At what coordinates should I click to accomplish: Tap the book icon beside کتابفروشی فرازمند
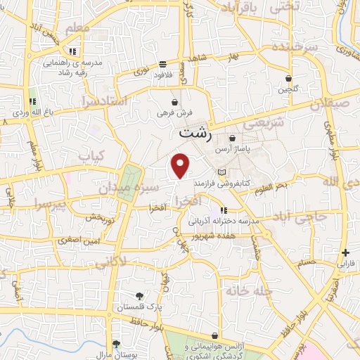click(222, 172)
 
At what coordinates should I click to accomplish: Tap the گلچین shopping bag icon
click(288, 78)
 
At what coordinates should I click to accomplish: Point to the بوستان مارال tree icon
click(116, 343)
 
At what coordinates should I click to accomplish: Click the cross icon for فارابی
click(345, 253)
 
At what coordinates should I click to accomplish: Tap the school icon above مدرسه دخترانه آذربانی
click(224, 210)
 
